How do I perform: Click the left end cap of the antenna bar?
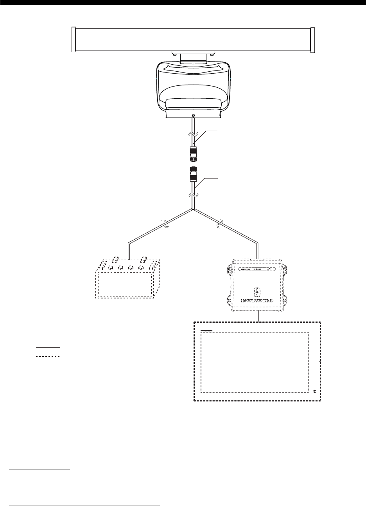click(73, 39)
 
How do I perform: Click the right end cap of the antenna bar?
click(312, 39)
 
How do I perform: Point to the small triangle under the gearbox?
click(194, 116)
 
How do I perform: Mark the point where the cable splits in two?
click(193, 210)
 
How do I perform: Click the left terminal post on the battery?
click(115, 259)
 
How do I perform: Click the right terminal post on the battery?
click(144, 259)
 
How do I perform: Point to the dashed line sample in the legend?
click(47, 356)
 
